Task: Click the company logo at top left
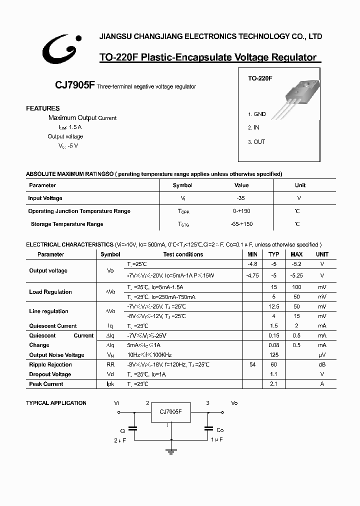pyautogui.click(x=58, y=49)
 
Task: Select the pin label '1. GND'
pyautogui.click(x=257, y=114)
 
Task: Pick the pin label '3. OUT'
pyautogui.click(x=256, y=141)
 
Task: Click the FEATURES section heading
pyautogui.click(x=43, y=108)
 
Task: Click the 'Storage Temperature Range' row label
pyautogui.click(x=67, y=224)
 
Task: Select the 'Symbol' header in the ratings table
pyautogui.click(x=182, y=185)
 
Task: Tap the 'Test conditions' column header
pyautogui.click(x=183, y=254)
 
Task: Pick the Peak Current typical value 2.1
pyautogui.click(x=273, y=384)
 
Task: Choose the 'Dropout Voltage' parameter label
pyautogui.click(x=50, y=374)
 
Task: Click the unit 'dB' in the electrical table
pyautogui.click(x=322, y=364)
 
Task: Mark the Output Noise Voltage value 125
pyautogui.click(x=273, y=355)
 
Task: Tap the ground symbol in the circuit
pyautogui.click(x=171, y=452)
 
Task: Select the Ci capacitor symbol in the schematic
pyautogui.click(x=133, y=428)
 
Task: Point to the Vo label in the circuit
pyautogui.click(x=234, y=403)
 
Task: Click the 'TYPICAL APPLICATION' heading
pyautogui.click(x=56, y=403)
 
